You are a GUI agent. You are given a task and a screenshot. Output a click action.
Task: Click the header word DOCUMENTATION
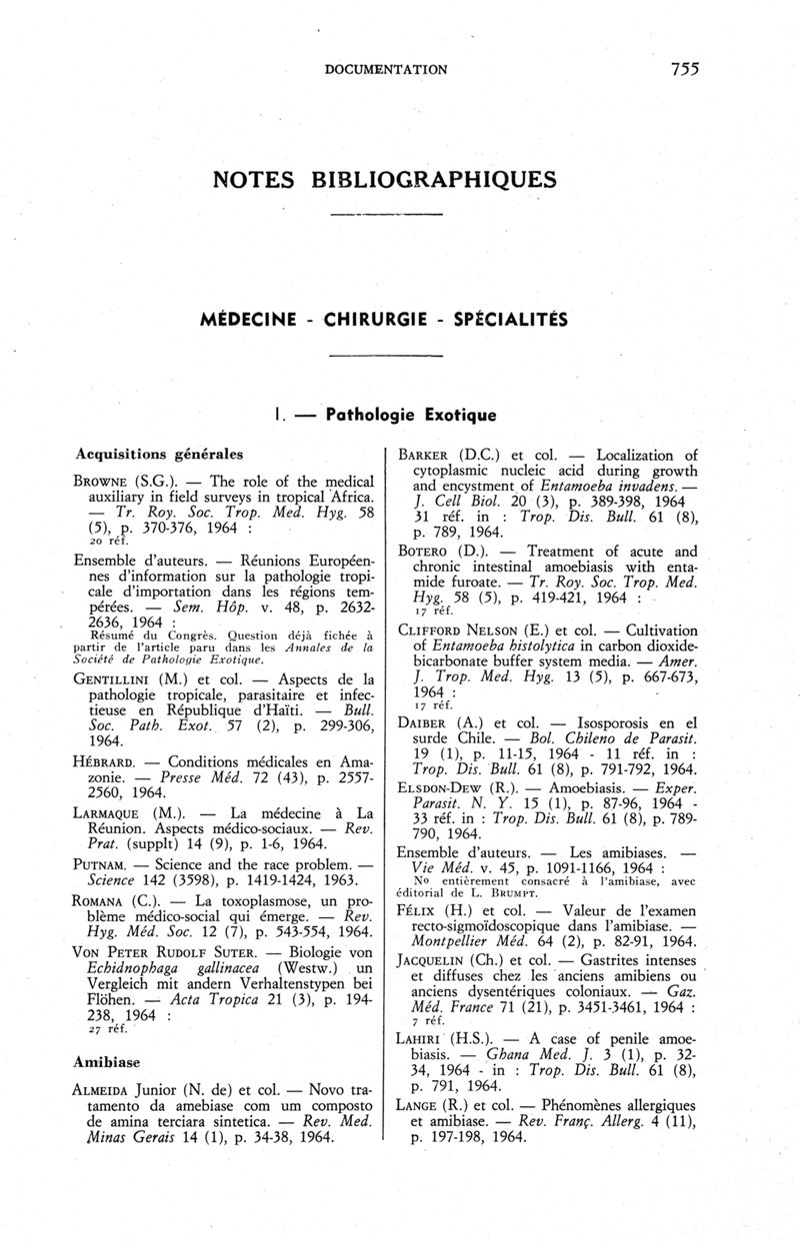(x=386, y=70)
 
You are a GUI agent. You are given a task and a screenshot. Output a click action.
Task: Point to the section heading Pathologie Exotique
(x=412, y=412)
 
